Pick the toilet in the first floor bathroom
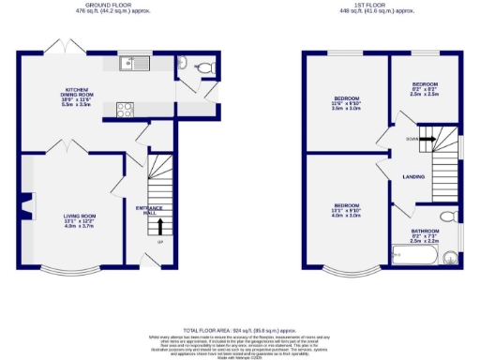coord(448,217)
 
